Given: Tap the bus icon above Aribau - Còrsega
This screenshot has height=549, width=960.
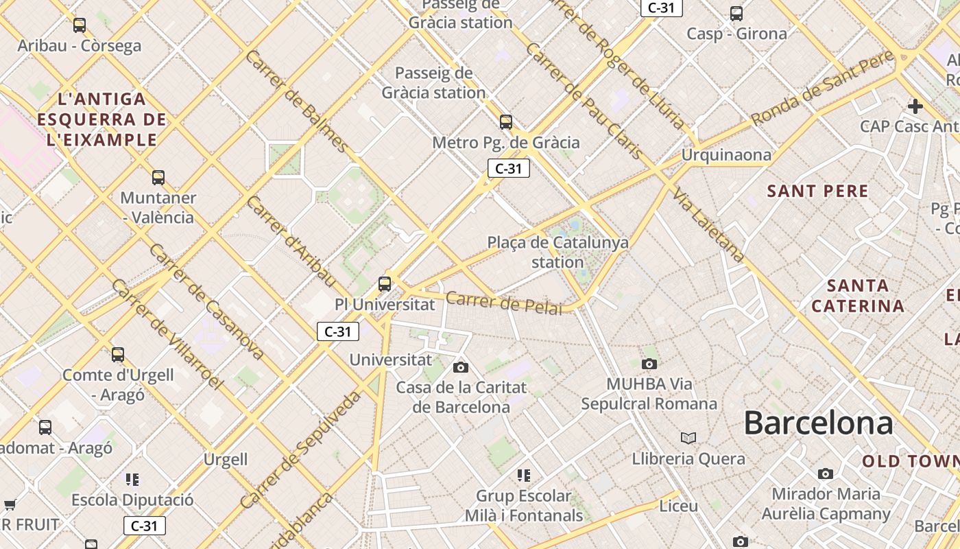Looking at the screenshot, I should pos(80,25).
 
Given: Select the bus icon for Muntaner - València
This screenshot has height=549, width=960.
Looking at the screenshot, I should pos(158,178).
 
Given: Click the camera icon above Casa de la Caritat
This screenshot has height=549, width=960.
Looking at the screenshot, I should pos(461,367).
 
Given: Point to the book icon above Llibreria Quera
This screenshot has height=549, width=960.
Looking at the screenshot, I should pos(688,438).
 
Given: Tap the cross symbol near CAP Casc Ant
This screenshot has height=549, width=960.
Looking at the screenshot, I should pos(915,106).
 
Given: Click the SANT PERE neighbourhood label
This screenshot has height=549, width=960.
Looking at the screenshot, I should pos(817,191).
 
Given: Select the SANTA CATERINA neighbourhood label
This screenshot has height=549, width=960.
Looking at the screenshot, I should pos(858,296).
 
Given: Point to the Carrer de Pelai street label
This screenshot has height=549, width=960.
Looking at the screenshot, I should pos(503,303).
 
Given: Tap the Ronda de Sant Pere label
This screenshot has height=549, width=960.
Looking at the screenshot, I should pos(823,89).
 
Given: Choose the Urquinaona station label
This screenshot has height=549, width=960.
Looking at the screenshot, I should pos(725,155).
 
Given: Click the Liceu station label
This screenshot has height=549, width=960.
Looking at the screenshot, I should pos(678,506).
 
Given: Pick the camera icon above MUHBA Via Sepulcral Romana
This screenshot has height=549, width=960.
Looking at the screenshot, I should pos(649,364).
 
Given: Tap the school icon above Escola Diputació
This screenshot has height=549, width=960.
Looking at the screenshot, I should pos(132,479).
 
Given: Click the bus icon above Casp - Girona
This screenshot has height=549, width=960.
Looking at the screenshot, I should pos(736,13).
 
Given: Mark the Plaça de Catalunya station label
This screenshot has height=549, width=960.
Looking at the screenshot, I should pos(557,252).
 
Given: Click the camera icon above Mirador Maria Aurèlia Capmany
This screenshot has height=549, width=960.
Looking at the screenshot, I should pos(826,474).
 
